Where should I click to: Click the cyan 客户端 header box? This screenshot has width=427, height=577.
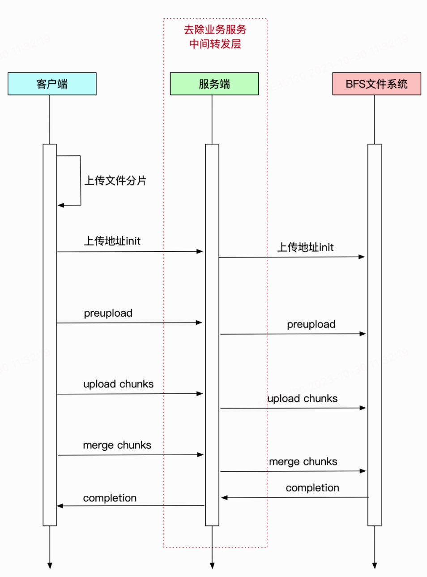point(52,84)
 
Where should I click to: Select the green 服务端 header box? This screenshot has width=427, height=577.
point(214,84)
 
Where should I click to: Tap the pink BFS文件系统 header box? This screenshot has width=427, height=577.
point(376,84)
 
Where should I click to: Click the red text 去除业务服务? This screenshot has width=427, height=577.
point(215,30)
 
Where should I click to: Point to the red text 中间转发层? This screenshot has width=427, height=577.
point(215,44)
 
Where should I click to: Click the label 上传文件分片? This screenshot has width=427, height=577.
point(115,181)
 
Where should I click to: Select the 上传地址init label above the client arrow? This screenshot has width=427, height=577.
point(112,241)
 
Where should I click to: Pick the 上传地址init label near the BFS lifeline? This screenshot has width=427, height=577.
point(306,247)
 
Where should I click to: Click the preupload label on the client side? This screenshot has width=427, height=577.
point(108,313)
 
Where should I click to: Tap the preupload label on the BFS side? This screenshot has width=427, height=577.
point(311,324)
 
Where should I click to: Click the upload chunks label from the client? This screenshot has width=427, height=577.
point(118,384)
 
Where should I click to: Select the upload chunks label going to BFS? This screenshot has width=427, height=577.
point(303,398)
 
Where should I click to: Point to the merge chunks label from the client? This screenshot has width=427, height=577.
point(117,445)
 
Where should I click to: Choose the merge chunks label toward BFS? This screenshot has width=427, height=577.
point(303,461)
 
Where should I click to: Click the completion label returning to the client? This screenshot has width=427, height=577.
point(110,498)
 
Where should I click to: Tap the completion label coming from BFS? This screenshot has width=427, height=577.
point(312,488)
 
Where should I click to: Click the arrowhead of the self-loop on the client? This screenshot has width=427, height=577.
point(61,205)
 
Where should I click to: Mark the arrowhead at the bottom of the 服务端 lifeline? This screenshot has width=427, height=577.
point(212,566)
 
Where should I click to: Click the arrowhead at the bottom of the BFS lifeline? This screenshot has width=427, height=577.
point(375,566)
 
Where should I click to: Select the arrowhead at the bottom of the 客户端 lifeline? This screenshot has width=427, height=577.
point(50,566)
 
